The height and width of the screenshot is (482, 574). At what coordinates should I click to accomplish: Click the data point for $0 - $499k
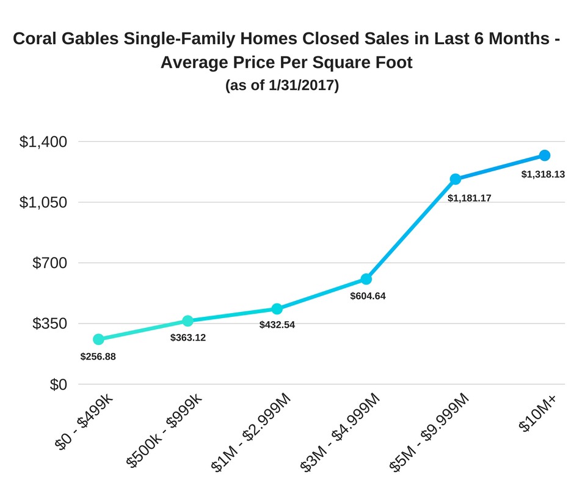98,339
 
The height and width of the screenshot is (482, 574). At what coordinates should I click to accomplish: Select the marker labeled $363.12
188,321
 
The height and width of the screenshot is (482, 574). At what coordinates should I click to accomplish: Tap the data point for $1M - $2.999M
277,309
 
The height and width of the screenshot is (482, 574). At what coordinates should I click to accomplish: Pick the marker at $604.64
366,279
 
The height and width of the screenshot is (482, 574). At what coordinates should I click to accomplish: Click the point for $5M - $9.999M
456,179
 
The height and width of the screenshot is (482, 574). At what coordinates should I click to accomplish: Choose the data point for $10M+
545,155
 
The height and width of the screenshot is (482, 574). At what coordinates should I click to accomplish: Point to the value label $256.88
98,356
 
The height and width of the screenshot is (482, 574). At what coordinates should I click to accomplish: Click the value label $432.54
277,325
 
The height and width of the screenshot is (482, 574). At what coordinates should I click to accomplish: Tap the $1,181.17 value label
470,198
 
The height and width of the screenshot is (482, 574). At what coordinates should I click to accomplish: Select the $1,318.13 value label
543,174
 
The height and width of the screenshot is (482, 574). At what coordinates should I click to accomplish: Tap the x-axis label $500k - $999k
165,430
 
